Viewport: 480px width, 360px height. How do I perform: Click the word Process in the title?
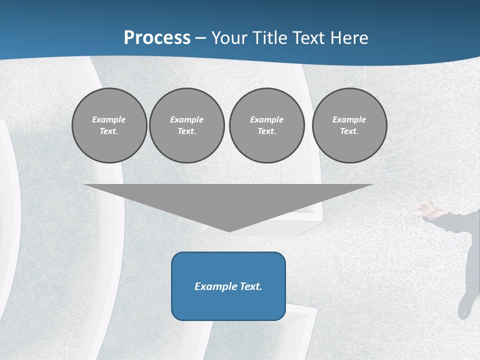(x=157, y=37)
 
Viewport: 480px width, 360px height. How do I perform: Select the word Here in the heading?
(x=349, y=37)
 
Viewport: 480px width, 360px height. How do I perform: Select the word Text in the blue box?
(x=251, y=286)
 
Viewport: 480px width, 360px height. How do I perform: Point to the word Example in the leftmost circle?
(x=109, y=119)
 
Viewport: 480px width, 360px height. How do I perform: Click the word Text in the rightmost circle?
(x=349, y=131)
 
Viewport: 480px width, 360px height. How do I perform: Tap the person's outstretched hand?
(x=425, y=210)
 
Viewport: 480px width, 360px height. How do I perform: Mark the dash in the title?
(x=201, y=38)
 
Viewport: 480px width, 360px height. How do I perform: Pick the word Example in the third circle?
(x=266, y=119)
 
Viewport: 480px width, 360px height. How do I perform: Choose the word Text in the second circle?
(x=186, y=131)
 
